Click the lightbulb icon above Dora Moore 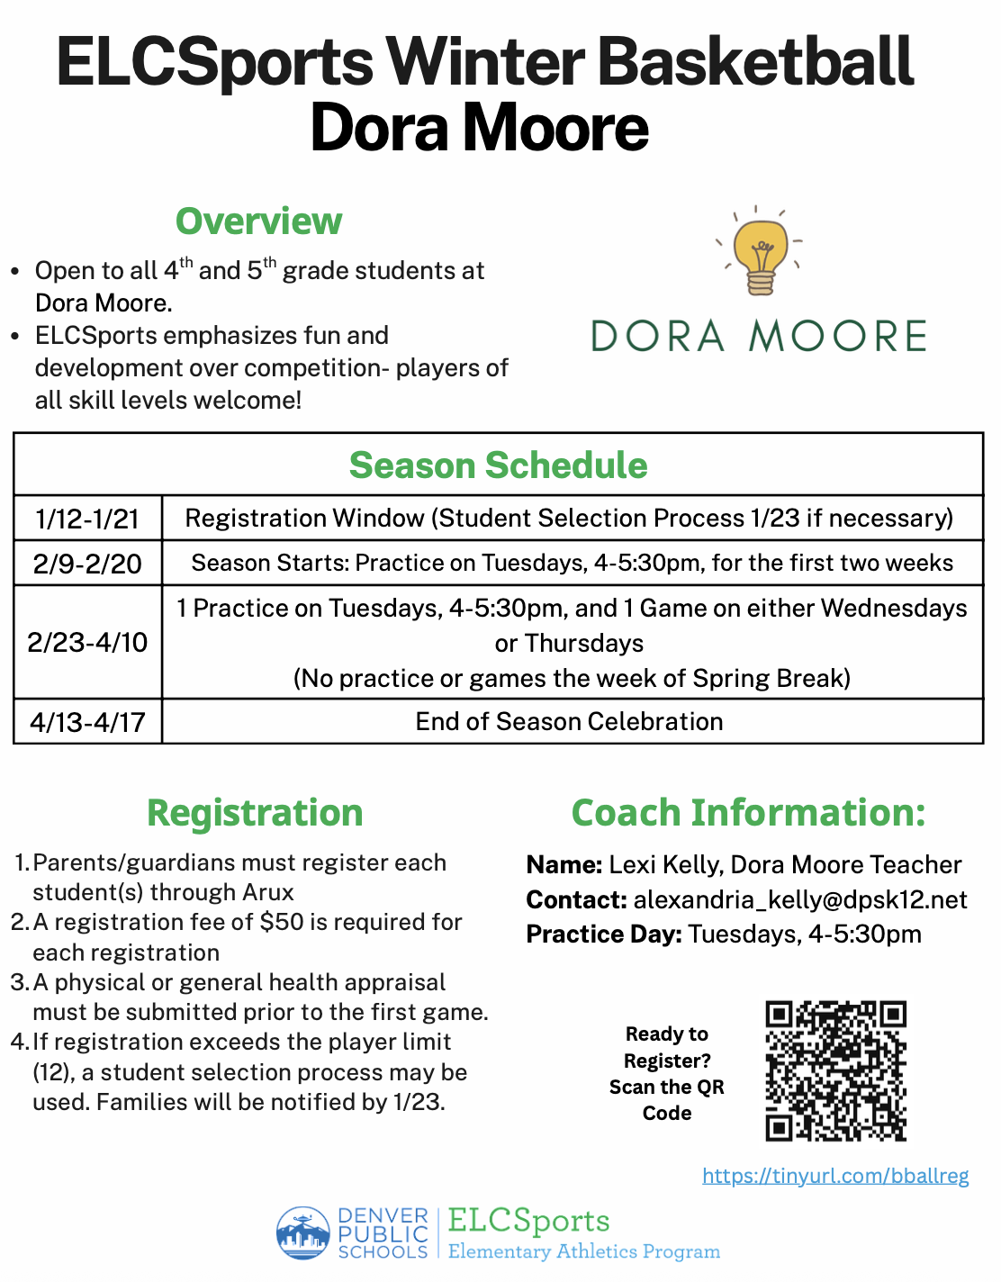coord(761,253)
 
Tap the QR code coord(835,1070)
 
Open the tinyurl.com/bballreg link coord(834,1176)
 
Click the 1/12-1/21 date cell coord(87,519)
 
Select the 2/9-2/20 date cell coord(87,564)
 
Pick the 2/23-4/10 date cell coord(87,643)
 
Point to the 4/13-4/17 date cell coord(87,722)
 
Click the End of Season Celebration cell coord(569,722)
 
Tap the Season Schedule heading coord(498,465)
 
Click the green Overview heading coord(258,221)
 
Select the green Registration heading coord(255,813)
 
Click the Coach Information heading coord(748,813)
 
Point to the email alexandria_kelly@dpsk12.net coord(800,900)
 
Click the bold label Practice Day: coord(604,934)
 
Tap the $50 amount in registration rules coord(281,922)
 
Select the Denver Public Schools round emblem coord(302,1232)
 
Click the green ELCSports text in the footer coord(528,1221)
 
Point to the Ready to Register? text coord(667,1047)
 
